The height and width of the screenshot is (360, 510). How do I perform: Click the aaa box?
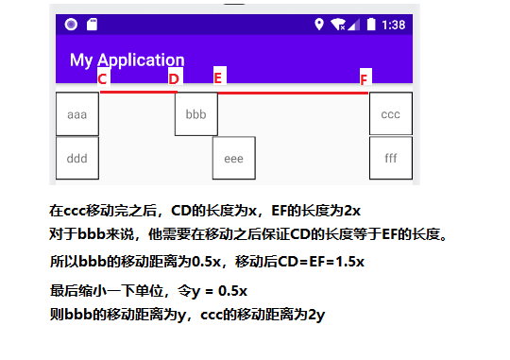[x=77, y=114]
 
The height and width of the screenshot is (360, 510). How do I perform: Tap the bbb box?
[x=196, y=114]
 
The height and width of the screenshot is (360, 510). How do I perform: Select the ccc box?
[x=390, y=114]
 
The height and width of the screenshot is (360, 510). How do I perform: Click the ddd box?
[x=77, y=159]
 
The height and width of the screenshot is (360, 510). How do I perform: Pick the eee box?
[x=233, y=159]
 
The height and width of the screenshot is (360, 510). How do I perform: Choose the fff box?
[x=390, y=159]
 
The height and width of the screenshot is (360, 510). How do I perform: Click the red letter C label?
[x=103, y=78]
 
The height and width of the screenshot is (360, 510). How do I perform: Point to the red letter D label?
[x=174, y=78]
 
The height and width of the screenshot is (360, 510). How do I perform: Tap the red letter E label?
[x=217, y=77]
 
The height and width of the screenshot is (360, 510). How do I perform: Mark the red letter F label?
[x=365, y=77]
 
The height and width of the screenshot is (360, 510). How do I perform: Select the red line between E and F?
[x=293, y=93]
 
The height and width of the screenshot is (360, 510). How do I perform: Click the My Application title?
[x=127, y=60]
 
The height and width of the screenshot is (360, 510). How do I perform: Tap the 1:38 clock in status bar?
[x=396, y=25]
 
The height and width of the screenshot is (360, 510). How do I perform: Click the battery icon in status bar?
[x=372, y=25]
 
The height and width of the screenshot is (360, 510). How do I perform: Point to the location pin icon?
[x=320, y=25]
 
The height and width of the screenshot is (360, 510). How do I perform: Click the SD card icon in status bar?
[x=92, y=25]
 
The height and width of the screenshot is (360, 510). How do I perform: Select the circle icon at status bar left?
[x=71, y=25]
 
